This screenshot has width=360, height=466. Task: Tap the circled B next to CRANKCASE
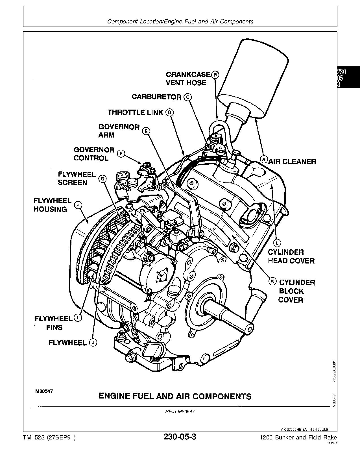pyautogui.click(x=215, y=75)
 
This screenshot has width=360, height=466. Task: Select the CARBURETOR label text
pyautogui.click(x=156, y=97)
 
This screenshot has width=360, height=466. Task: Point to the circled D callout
pyautogui.click(x=169, y=112)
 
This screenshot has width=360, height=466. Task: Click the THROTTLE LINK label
pyautogui.click(x=136, y=112)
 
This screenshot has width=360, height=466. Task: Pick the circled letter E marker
pyautogui.click(x=146, y=131)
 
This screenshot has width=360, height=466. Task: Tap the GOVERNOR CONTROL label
pyautogui.click(x=94, y=154)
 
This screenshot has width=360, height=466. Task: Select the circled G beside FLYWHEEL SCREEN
pyautogui.click(x=102, y=178)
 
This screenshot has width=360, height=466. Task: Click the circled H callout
pyautogui.click(x=78, y=205)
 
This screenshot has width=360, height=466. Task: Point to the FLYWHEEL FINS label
pyautogui.click(x=53, y=323)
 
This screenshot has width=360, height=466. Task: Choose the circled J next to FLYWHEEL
pyautogui.click(x=93, y=343)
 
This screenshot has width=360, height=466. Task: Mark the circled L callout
pyautogui.click(x=277, y=242)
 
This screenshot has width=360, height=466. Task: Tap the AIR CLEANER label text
pyautogui.click(x=292, y=162)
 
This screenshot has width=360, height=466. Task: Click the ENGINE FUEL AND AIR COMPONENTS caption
pyautogui.click(x=175, y=396)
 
